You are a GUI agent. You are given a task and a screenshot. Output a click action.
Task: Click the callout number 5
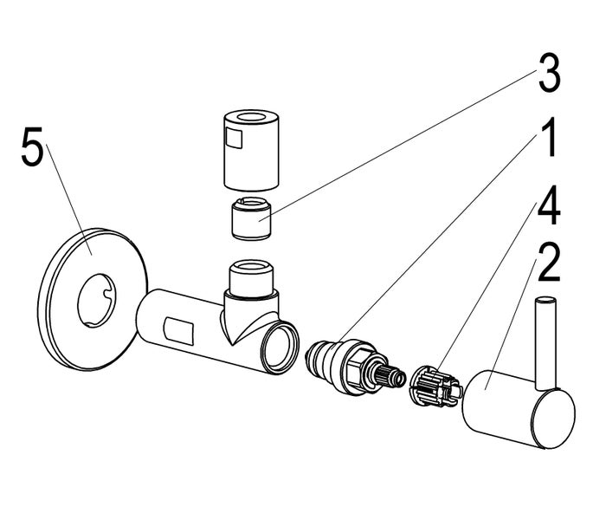32,147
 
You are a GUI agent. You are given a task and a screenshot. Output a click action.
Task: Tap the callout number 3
549,74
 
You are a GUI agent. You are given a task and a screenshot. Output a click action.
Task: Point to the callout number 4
549,205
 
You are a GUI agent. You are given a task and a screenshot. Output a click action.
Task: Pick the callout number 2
549,263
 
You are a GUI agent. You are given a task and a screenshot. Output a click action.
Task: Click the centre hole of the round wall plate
97,301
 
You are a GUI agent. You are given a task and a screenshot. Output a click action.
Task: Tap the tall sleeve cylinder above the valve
251,150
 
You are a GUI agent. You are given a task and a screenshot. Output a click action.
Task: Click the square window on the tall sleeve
235,138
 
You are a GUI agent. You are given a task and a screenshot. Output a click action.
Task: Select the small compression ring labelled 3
251,218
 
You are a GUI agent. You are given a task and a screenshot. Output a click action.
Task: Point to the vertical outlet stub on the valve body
252,278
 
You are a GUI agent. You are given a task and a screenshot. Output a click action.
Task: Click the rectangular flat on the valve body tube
178,331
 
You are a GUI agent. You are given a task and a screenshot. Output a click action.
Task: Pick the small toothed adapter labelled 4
435,387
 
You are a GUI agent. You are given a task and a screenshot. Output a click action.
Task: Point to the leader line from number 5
69,199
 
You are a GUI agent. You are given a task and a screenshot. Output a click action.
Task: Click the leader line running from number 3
399,145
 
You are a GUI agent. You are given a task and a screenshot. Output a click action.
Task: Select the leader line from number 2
510,323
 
